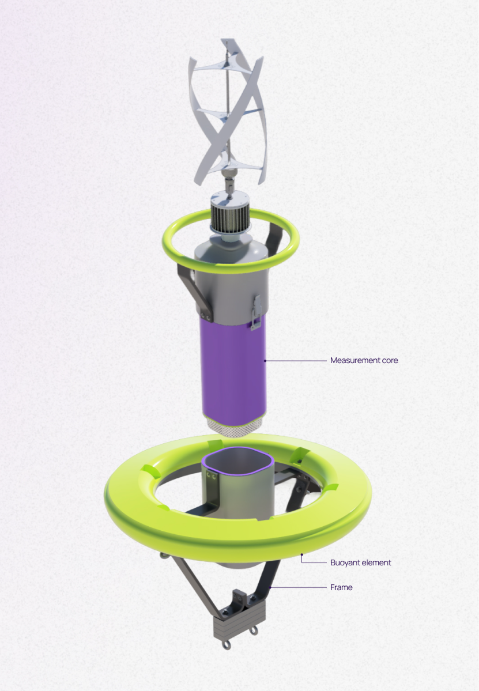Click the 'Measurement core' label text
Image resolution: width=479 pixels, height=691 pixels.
(x=364, y=360)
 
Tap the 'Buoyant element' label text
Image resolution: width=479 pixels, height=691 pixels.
(x=360, y=562)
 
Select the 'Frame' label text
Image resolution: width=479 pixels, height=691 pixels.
(x=341, y=587)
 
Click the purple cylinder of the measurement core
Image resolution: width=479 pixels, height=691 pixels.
(x=233, y=369)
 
